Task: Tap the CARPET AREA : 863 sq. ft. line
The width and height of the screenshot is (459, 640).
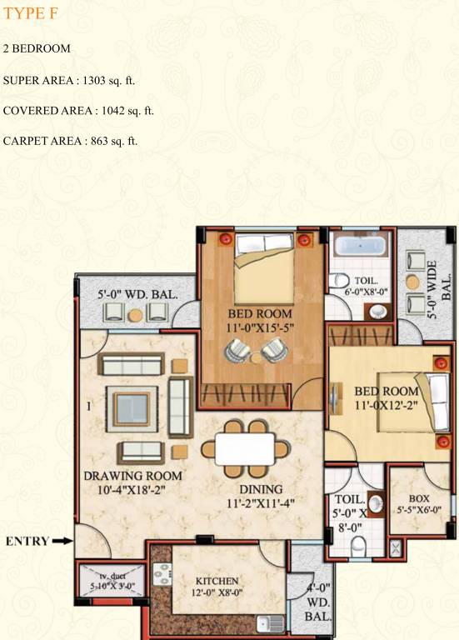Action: tap(70, 140)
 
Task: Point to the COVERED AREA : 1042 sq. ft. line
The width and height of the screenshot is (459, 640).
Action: tap(78, 110)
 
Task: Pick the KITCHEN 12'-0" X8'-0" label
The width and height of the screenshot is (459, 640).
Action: tap(217, 586)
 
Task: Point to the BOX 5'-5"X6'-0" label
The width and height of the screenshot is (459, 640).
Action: tap(419, 503)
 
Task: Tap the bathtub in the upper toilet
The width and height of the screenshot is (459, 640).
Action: tap(361, 247)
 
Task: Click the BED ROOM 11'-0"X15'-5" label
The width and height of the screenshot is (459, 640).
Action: tap(260, 321)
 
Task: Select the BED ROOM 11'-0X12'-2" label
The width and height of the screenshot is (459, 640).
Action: tap(386, 397)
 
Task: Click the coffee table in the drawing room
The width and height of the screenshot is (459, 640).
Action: tap(131, 409)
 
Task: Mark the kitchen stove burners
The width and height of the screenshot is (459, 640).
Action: tap(162, 577)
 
